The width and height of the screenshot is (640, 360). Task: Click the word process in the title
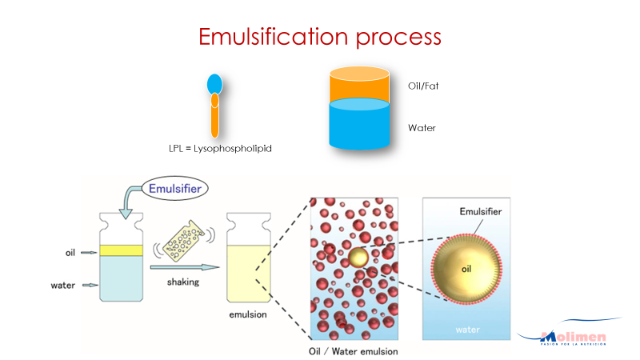coord(402,38)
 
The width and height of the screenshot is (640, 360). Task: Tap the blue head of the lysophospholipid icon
coord(214,83)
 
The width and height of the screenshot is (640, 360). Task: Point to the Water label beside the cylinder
coord(422,127)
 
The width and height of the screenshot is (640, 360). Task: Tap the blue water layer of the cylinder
coord(359,128)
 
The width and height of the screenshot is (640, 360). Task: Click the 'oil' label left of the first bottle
coord(71,252)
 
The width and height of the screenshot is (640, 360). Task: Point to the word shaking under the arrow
coord(183,282)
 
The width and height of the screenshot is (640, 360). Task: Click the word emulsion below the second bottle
coord(247,314)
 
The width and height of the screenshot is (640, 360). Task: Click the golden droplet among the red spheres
coord(358,258)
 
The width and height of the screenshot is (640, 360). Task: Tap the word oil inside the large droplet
coord(467,270)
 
